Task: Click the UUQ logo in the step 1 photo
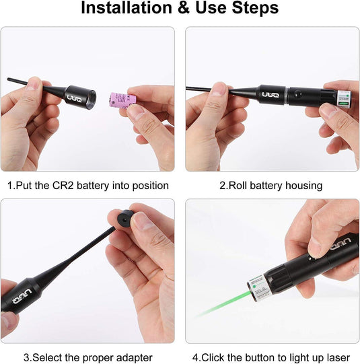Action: pyautogui.click(x=73, y=98)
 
